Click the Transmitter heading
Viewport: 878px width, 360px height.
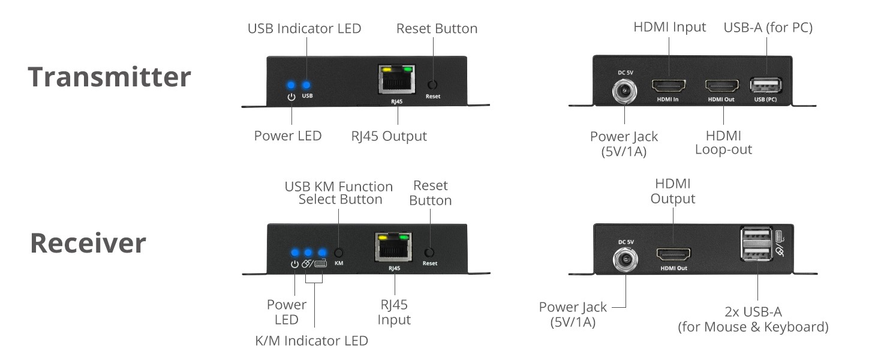(110, 77)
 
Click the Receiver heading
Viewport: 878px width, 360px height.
(88, 243)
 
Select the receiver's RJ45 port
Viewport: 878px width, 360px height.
(393, 248)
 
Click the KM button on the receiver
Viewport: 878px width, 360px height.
(339, 253)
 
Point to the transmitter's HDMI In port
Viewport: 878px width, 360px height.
(667, 85)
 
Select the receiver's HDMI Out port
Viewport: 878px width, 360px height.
(673, 254)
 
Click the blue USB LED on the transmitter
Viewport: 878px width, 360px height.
(307, 85)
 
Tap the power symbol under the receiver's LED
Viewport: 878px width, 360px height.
(294, 264)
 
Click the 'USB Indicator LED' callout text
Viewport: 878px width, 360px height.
(305, 28)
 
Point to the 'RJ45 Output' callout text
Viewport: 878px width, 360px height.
(389, 136)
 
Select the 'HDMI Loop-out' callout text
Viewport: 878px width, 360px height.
(723, 142)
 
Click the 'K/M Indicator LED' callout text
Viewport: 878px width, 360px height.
(311, 341)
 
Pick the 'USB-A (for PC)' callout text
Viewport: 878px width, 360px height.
(768, 27)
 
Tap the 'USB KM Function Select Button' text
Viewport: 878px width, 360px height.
(339, 193)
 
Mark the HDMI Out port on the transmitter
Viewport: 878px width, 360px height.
(721, 85)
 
